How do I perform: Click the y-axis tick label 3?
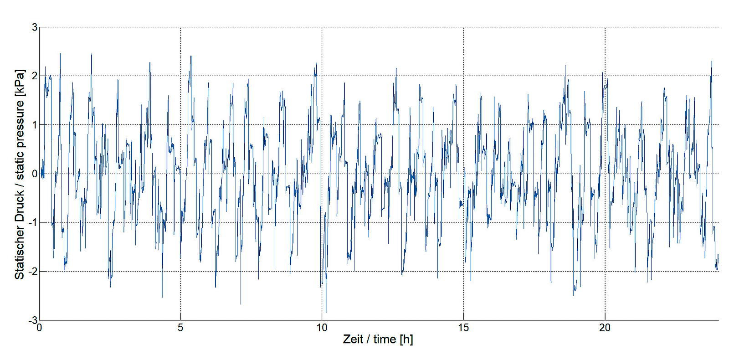[35, 27]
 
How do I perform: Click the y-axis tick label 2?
[35, 76]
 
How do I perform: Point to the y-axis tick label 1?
[35, 124]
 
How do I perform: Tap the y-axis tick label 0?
[35, 174]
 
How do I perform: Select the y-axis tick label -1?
[33, 222]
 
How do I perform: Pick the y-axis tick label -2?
[33, 271]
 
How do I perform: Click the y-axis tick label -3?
[33, 320]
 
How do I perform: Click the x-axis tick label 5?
[180, 328]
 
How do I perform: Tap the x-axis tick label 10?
[322, 328]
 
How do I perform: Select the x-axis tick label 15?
[463, 328]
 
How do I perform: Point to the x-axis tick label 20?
[605, 328]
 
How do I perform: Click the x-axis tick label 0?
[40, 328]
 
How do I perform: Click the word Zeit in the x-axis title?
[353, 339]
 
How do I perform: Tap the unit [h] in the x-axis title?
[406, 339]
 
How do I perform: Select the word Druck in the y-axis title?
[20, 206]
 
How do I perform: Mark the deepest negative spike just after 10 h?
[326, 312]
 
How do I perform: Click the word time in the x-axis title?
[385, 339]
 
